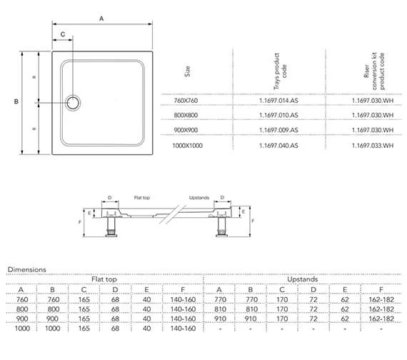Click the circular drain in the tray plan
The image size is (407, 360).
coord(74,102)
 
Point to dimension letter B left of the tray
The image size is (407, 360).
coord(16,102)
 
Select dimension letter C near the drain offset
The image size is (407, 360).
coord(62,34)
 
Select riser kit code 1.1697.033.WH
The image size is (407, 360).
coord(373,145)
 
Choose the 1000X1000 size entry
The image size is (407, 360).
coord(188,145)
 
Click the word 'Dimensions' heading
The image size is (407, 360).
coord(26,269)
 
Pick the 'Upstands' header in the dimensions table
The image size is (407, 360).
coord(303,279)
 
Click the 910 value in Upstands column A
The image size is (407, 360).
coord(220,319)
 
